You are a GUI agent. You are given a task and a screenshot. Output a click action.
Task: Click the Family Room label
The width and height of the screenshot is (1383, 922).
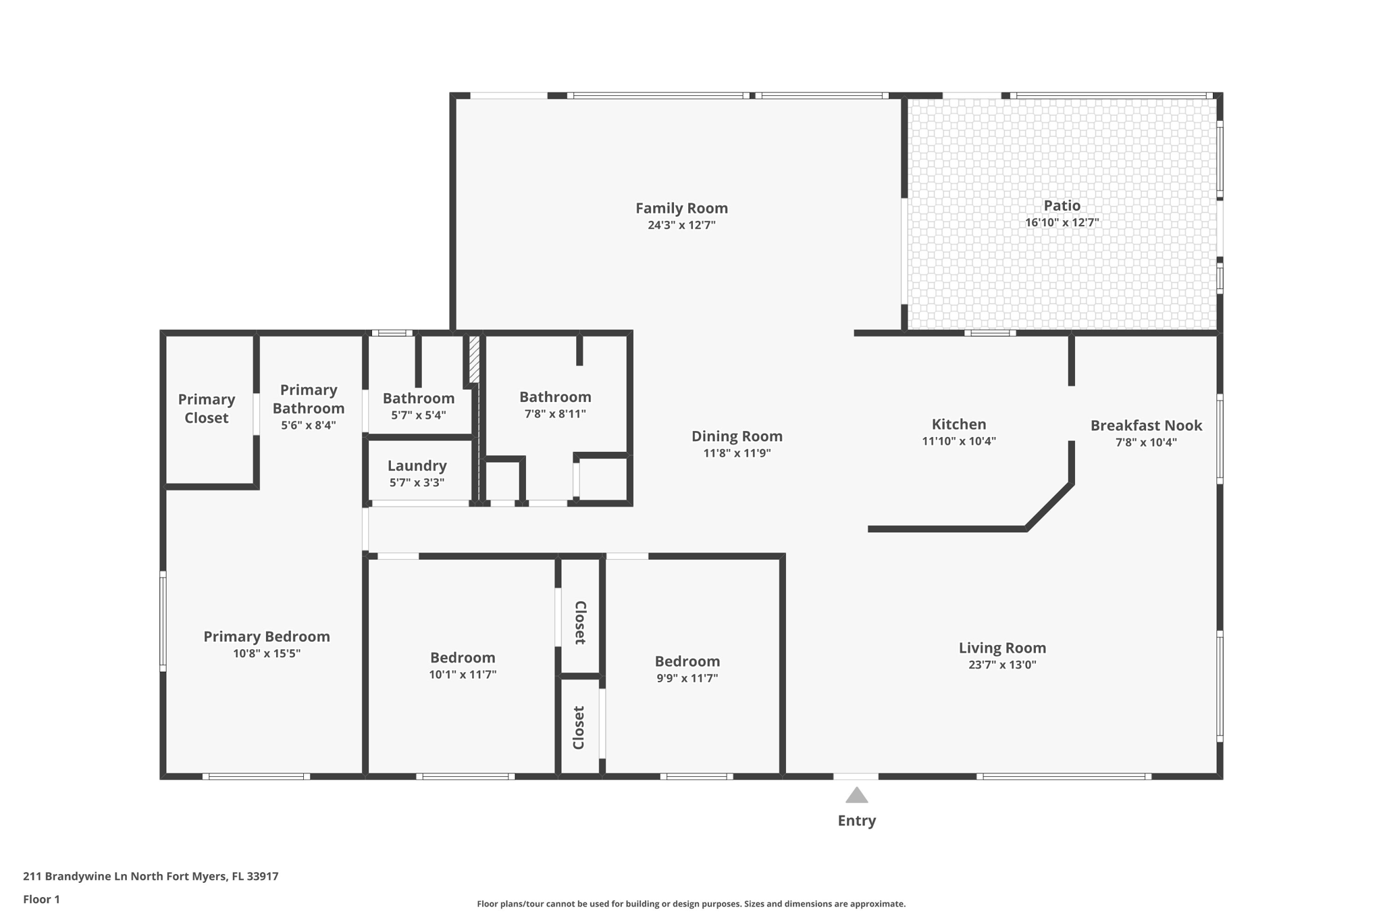(x=681, y=208)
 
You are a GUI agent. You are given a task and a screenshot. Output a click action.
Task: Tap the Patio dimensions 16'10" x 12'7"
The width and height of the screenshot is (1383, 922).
(x=1062, y=222)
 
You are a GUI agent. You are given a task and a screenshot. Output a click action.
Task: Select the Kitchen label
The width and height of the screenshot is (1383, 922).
(x=959, y=424)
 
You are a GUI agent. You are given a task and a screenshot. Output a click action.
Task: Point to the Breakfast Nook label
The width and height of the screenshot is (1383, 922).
(x=1146, y=426)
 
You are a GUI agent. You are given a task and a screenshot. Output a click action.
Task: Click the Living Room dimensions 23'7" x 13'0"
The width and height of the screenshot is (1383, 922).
(x=1002, y=665)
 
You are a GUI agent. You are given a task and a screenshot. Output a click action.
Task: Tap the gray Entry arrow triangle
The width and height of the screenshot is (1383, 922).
(x=856, y=795)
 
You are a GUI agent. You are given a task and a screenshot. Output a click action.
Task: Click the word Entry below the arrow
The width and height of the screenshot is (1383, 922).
(x=856, y=821)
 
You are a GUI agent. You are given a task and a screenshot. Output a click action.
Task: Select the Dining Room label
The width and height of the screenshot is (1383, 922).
(x=737, y=436)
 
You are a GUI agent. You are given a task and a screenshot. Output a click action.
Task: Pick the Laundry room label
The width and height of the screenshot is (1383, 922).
(x=417, y=466)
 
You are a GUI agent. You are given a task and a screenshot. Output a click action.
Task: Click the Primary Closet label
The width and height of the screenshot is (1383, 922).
(x=206, y=409)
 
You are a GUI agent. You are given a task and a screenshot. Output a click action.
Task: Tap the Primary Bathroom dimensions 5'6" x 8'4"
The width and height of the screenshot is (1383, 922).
(x=309, y=426)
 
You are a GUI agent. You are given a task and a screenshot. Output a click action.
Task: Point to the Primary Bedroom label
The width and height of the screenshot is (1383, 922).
(x=267, y=636)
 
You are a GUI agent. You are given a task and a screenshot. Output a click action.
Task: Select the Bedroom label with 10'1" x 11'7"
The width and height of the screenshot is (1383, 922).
(x=463, y=658)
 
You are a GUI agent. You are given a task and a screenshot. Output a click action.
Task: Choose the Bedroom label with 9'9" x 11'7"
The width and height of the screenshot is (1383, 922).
(x=687, y=661)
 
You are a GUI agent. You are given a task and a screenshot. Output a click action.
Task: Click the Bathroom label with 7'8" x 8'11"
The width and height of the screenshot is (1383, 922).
(x=555, y=397)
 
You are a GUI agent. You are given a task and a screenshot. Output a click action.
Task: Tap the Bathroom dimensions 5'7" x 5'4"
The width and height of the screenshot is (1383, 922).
(x=419, y=415)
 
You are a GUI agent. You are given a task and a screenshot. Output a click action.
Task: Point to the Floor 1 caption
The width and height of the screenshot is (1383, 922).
(x=41, y=899)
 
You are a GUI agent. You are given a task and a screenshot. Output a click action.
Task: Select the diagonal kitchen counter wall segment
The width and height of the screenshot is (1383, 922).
(x=1049, y=506)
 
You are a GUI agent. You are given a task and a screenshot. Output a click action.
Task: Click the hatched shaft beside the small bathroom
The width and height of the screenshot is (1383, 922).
(x=474, y=359)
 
